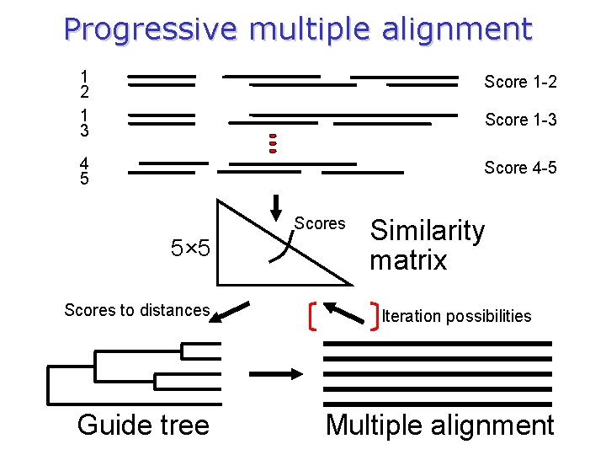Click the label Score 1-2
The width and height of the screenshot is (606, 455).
520,82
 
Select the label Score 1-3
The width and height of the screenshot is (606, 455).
520,120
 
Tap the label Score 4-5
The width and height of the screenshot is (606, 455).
520,168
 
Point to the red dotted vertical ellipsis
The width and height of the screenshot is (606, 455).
273,144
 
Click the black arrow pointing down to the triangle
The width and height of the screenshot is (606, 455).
276,205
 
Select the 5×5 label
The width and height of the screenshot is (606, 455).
195,249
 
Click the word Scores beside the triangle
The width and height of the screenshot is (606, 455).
320,223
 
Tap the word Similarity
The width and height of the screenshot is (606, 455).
428,230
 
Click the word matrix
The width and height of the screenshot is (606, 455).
408,260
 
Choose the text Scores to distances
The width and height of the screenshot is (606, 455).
136,310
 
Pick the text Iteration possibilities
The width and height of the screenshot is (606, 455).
456,316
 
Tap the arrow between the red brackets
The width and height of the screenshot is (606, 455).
343,310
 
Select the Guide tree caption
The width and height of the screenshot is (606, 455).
143,425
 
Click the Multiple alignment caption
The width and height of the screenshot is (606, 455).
439,425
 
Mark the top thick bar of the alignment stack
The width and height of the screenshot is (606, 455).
438,344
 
